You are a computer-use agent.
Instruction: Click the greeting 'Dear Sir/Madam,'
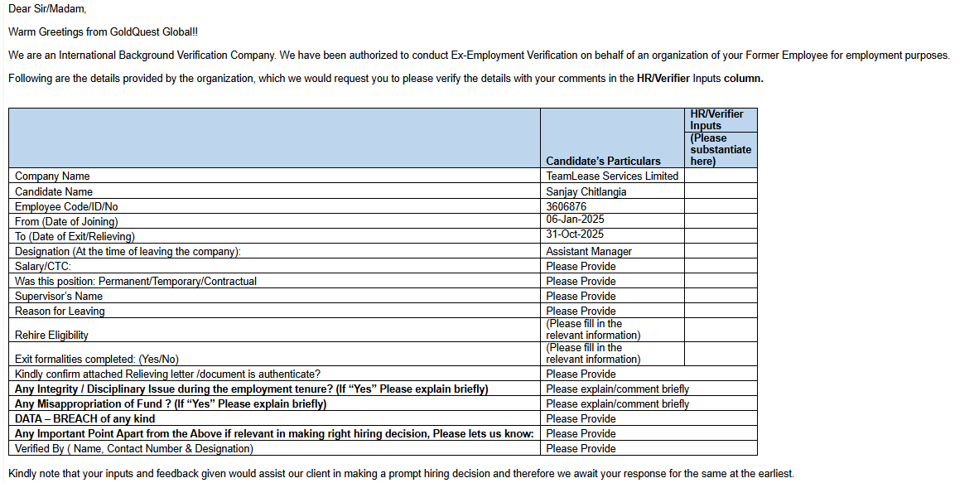(47, 9)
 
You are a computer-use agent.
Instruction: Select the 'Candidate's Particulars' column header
(603, 161)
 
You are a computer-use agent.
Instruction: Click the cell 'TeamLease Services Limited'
(612, 176)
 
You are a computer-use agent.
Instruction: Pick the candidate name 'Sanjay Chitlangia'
(586, 191)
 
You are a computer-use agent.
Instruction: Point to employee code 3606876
(567, 206)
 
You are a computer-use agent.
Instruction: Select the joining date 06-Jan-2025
(575, 220)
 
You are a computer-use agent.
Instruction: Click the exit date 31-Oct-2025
(575, 234)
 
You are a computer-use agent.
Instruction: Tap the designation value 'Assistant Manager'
(589, 251)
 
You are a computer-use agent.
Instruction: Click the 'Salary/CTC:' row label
(43, 266)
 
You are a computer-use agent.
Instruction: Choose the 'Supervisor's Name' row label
(59, 296)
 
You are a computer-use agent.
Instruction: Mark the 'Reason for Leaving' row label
(60, 311)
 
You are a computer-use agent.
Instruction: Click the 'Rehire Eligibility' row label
(51, 335)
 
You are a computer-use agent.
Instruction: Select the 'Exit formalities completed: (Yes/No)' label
(97, 359)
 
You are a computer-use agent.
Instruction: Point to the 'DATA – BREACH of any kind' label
(84, 418)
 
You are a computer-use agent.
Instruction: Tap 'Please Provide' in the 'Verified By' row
(581, 448)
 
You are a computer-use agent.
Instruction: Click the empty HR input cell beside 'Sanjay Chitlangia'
(721, 191)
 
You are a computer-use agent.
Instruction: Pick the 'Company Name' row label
(52, 176)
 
